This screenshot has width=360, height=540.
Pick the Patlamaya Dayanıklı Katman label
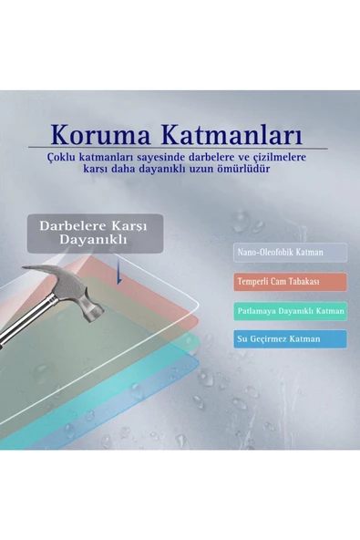[x=290, y=311]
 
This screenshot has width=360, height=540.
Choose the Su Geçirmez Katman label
[x=290, y=339]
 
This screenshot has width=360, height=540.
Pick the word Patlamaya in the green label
[x=259, y=311]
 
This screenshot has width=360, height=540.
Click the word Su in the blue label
[x=242, y=339]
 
